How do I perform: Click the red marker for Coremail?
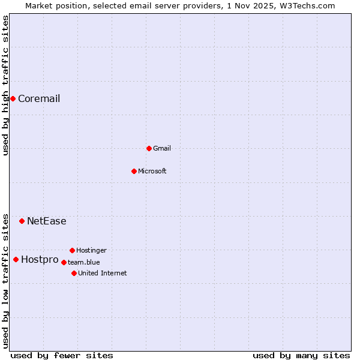(13, 98)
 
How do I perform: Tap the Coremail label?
(39, 99)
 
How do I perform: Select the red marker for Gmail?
(149, 148)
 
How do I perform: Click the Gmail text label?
(162, 149)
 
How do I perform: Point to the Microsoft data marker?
(134, 171)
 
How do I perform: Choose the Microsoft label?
(152, 172)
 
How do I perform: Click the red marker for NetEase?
(22, 221)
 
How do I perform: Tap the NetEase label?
(47, 221)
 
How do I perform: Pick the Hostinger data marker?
(72, 250)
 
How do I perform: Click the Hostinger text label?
(91, 251)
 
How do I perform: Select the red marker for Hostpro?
(16, 259)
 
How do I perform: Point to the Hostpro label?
(40, 260)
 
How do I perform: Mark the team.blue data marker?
(64, 262)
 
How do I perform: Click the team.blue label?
(84, 262)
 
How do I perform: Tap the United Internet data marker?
(74, 273)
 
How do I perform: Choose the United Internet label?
(103, 274)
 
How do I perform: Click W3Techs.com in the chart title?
(307, 5)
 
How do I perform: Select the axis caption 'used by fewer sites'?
(62, 355)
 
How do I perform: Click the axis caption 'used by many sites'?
(301, 355)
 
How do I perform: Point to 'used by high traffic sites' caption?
(5, 85)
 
